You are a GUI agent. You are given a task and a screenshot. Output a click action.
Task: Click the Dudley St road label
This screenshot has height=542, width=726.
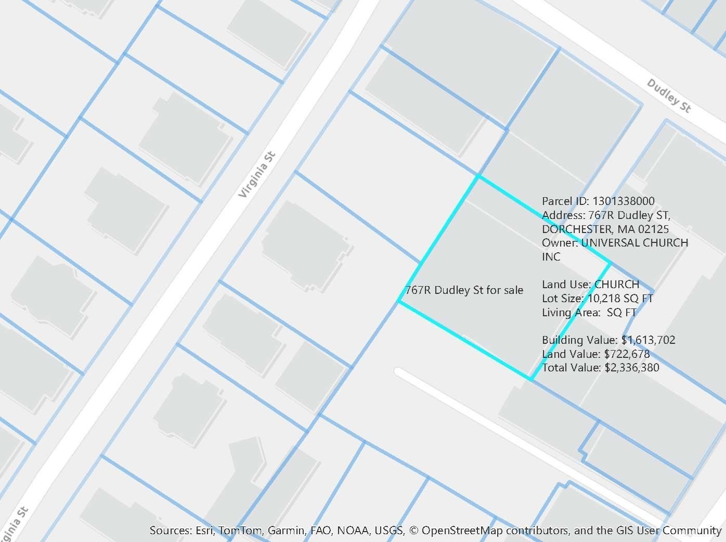pos(669,96)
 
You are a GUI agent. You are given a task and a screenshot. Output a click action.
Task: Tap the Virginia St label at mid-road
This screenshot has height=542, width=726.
pos(258,174)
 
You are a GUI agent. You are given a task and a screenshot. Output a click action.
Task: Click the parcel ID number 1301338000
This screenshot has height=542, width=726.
pos(624,201)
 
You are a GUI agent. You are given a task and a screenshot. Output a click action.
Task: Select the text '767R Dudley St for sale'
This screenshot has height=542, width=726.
pos(464,290)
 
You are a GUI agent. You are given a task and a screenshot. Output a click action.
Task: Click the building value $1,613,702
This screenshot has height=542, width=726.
pos(648,340)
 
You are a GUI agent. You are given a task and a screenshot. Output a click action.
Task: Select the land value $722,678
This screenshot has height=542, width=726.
pos(627,354)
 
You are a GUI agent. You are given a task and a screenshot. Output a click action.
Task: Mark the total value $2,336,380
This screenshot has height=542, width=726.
pos(632,368)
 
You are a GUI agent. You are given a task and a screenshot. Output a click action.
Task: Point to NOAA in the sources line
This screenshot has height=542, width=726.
pos(353,531)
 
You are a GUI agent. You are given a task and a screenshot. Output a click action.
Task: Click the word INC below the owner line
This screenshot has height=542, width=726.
pos(551,257)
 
